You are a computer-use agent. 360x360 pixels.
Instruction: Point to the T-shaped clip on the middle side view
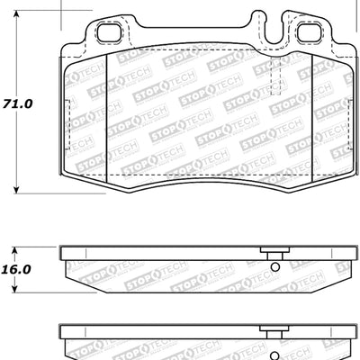point(265,252)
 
